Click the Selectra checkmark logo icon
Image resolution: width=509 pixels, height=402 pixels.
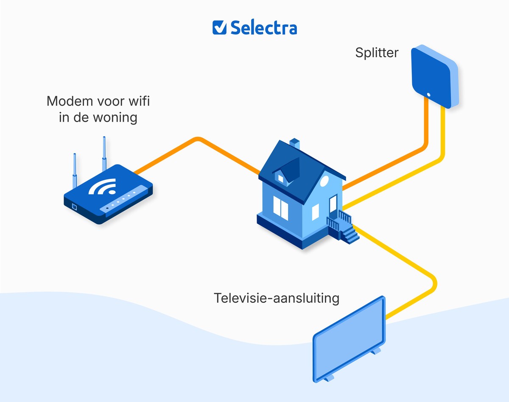point(220,27)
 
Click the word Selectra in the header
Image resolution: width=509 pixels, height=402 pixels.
point(263,28)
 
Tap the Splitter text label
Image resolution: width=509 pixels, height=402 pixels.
point(377,53)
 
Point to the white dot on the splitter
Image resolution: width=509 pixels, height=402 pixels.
point(428,95)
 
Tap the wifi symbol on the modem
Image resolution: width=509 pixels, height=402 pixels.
point(103,187)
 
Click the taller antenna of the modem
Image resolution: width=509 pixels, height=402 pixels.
point(103,154)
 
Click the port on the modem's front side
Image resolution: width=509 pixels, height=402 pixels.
point(75,207)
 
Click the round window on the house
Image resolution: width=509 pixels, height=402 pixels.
point(324,182)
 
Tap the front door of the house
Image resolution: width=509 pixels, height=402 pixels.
point(333,204)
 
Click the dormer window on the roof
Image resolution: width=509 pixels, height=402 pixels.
point(281,179)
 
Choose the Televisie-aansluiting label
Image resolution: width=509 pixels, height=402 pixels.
point(277,298)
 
